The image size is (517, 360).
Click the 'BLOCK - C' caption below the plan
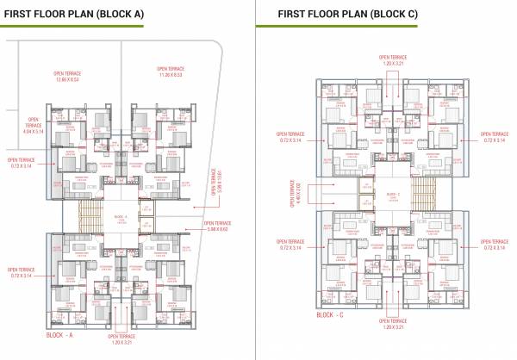(x=333, y=316)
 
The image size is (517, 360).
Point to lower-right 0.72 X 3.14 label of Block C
(x=495, y=245)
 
